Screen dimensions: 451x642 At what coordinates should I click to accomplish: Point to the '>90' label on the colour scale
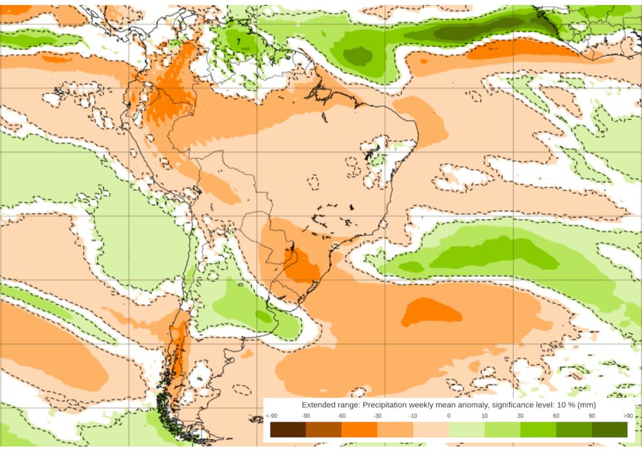pos(627,416)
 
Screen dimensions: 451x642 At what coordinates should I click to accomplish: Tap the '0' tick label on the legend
pos(449,416)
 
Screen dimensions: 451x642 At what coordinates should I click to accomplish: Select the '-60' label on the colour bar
pos(342,416)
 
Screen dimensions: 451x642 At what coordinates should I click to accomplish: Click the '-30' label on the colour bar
pos(377,416)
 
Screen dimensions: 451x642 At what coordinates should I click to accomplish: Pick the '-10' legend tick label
pos(413,416)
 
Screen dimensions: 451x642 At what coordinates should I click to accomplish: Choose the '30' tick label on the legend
pos(520,416)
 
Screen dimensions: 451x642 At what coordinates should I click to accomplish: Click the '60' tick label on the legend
pos(556,416)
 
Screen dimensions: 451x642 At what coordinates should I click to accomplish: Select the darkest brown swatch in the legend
pos(288,429)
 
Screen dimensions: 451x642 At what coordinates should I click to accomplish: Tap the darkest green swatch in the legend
pos(609,429)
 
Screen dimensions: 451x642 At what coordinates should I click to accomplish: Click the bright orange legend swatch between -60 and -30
pos(359,429)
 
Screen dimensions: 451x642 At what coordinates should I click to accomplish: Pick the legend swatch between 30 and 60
pos(538,429)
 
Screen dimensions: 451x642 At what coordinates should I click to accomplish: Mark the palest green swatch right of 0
pos(466,429)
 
